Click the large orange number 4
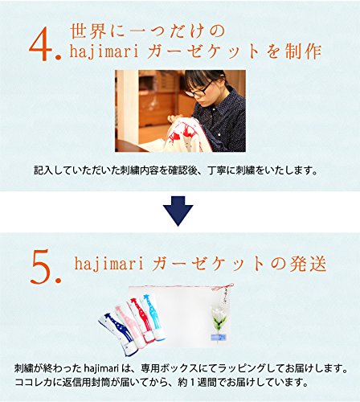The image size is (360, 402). [41, 43]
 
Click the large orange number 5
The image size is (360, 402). [41, 267]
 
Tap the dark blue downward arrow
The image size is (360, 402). [178, 211]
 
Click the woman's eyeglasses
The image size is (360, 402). [198, 89]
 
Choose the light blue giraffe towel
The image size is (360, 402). [153, 316]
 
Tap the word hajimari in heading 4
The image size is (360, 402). [104, 51]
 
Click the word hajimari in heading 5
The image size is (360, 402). [108, 264]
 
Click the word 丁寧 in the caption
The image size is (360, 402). [217, 170]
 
